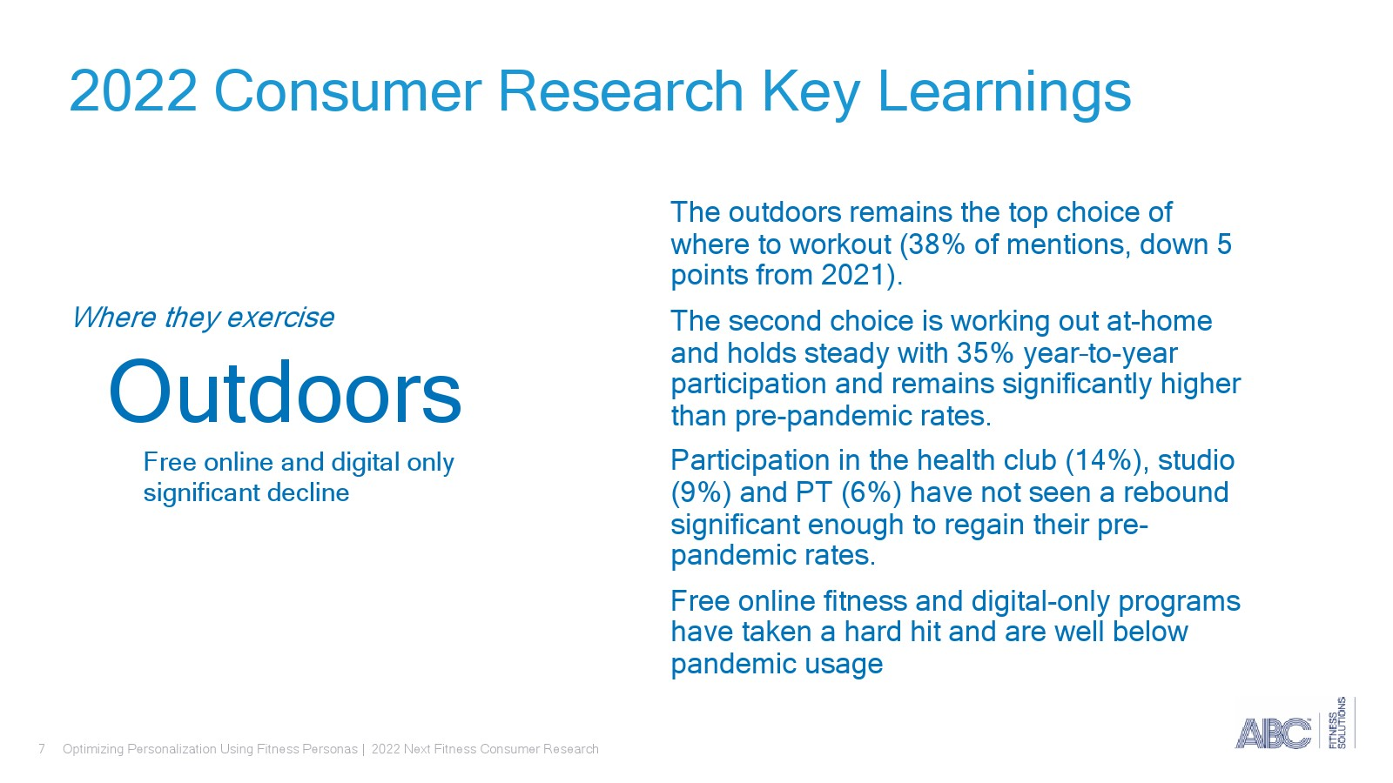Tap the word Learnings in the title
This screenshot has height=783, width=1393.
[x=1004, y=93]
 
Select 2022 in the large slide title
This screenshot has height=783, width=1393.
[x=133, y=91]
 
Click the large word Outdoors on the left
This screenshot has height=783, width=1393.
[x=285, y=391]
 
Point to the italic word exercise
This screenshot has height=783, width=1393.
[x=280, y=318]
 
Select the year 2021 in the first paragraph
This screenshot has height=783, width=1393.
[x=853, y=275]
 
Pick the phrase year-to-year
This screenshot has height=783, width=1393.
[x=1100, y=354]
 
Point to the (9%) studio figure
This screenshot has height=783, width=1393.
[x=701, y=493]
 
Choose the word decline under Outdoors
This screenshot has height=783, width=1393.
[x=308, y=492]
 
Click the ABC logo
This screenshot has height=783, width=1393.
[x=1272, y=733]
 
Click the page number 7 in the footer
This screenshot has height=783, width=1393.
[x=42, y=749]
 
